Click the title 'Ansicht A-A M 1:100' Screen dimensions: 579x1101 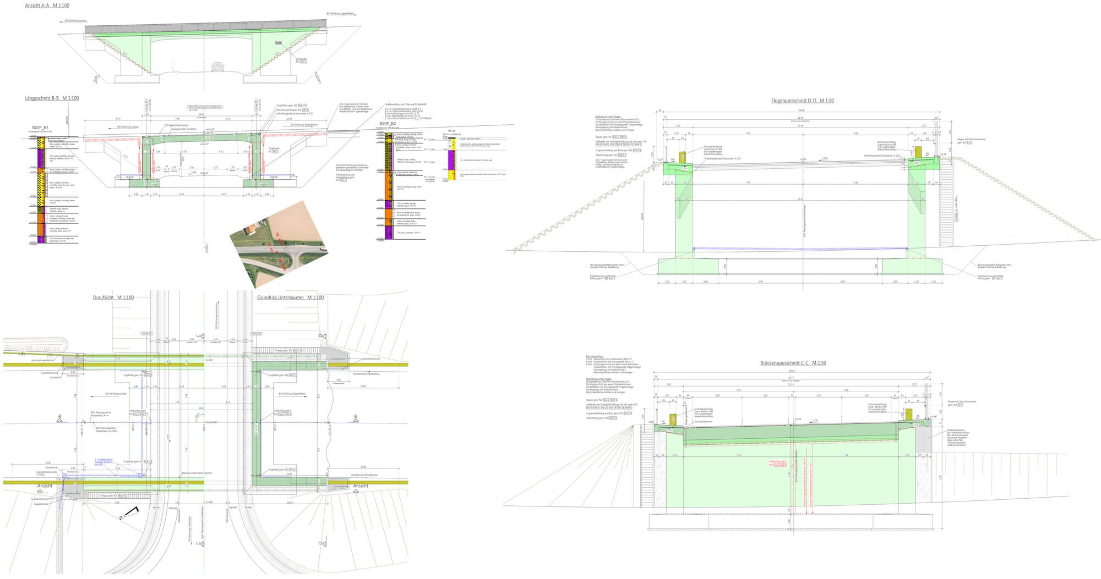[x=47, y=5]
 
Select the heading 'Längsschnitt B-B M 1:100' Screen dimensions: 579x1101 [x=52, y=98]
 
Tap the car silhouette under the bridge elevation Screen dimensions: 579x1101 [x=218, y=67]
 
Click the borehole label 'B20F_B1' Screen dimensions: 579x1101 [x=41, y=127]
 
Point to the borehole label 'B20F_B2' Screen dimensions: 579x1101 [x=387, y=124]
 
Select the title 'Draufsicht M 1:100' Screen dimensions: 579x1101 [x=113, y=297]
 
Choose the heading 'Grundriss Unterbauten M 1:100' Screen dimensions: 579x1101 [x=290, y=297]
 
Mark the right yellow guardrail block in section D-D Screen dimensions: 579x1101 [x=918, y=151]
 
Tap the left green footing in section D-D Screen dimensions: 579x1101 [x=688, y=266]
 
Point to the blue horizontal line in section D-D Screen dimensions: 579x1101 [x=800, y=249]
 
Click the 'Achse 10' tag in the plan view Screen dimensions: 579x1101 [x=146, y=334]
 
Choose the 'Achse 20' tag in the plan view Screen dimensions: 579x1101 [x=256, y=334]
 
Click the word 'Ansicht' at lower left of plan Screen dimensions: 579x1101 [x=45, y=486]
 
